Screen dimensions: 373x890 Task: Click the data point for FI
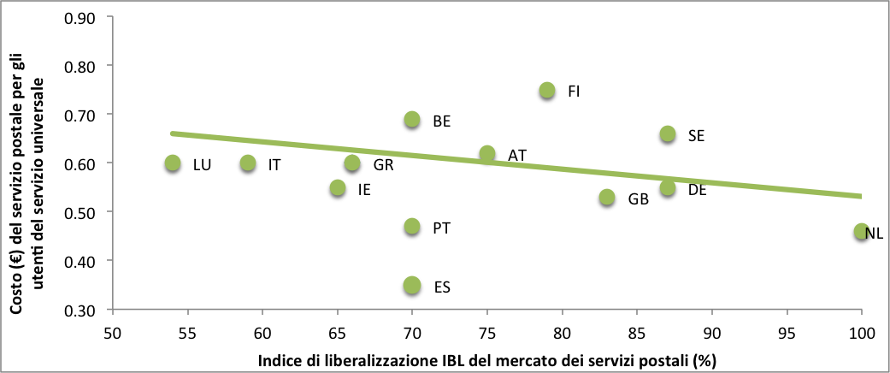tap(547, 91)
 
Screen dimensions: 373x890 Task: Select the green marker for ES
tap(412, 285)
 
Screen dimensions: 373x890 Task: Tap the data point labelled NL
tap(861, 232)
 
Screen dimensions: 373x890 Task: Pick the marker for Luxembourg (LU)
tap(173, 163)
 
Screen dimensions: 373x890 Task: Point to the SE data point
tap(668, 134)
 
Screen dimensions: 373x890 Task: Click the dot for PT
tap(412, 227)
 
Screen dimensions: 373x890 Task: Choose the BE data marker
tap(412, 120)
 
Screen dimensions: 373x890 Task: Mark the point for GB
tap(607, 198)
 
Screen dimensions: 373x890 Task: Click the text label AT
tap(516, 156)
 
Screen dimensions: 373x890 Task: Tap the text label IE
tap(364, 189)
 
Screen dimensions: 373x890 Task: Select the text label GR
tap(383, 165)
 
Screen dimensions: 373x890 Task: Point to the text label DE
tap(697, 190)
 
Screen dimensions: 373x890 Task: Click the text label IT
tap(274, 164)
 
